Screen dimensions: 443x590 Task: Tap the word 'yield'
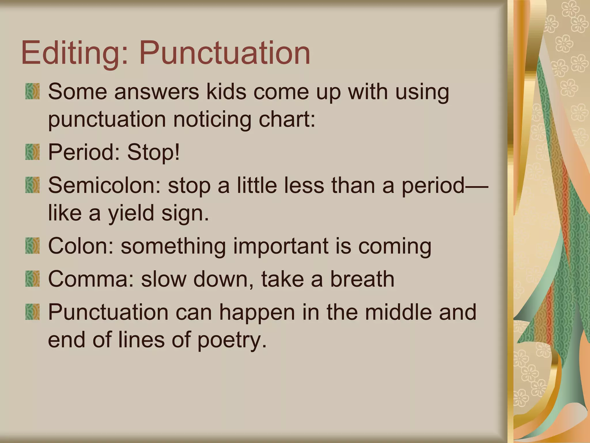pyautogui.click(x=131, y=213)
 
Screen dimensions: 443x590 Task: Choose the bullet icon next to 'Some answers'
pyautogui.click(x=32, y=91)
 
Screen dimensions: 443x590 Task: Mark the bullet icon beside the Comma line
pyautogui.click(x=32, y=279)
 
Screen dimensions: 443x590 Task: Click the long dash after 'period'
pyautogui.click(x=477, y=186)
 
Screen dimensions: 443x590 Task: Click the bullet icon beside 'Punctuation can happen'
pyautogui.click(x=32, y=312)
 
